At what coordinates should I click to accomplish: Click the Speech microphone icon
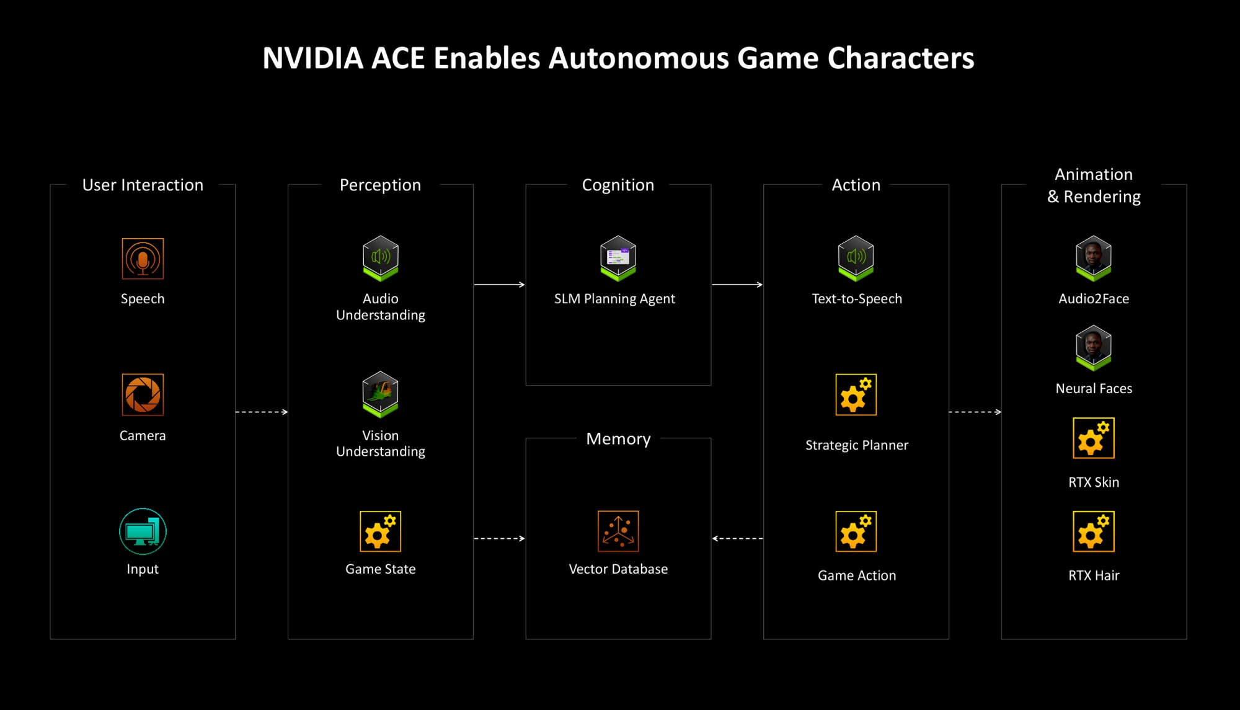143,259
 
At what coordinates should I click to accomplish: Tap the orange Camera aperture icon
143,394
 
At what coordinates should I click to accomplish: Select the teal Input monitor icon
143,531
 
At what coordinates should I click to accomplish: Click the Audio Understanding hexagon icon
381,258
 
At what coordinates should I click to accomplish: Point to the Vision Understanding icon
381,394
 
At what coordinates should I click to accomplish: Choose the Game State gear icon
381,531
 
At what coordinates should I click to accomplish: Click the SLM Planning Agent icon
618,258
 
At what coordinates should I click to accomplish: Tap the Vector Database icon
618,531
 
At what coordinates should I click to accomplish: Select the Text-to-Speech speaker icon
856,258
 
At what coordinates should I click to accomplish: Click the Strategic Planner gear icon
856,394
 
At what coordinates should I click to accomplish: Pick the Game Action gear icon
856,531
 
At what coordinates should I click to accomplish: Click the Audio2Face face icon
1094,258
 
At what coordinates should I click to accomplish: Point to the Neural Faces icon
1094,348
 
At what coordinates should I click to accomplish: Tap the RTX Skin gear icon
1094,438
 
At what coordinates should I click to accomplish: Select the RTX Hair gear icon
1094,531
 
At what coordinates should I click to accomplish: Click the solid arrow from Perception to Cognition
500,285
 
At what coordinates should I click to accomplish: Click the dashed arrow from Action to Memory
738,538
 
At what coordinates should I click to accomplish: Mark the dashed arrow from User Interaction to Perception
262,412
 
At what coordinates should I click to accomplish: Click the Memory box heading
618,439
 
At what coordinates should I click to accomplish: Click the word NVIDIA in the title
313,58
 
